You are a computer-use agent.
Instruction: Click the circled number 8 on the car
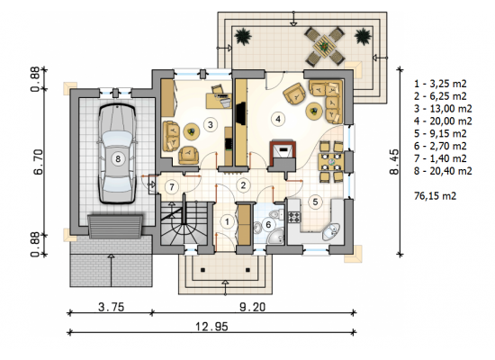click(118, 158)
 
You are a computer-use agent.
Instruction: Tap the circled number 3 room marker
click(211, 124)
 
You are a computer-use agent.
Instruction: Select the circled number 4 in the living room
click(278, 119)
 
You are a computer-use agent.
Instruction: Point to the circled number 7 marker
click(172, 187)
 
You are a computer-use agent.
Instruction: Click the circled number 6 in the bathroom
click(268, 224)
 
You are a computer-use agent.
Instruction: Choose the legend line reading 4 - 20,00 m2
click(443, 121)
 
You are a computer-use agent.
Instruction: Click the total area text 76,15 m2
click(435, 196)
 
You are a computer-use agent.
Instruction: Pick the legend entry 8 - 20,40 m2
click(443, 171)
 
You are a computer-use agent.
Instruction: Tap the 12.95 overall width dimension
click(211, 327)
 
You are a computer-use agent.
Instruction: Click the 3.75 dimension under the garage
click(111, 307)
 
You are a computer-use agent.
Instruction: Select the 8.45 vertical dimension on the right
click(394, 162)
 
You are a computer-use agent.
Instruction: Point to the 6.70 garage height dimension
click(38, 162)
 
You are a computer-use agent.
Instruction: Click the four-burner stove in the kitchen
click(294, 217)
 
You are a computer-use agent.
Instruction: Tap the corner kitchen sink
click(331, 232)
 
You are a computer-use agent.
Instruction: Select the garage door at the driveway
click(115, 226)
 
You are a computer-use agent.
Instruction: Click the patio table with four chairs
click(324, 47)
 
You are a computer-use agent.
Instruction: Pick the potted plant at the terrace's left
click(243, 36)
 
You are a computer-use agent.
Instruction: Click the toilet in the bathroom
click(278, 214)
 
